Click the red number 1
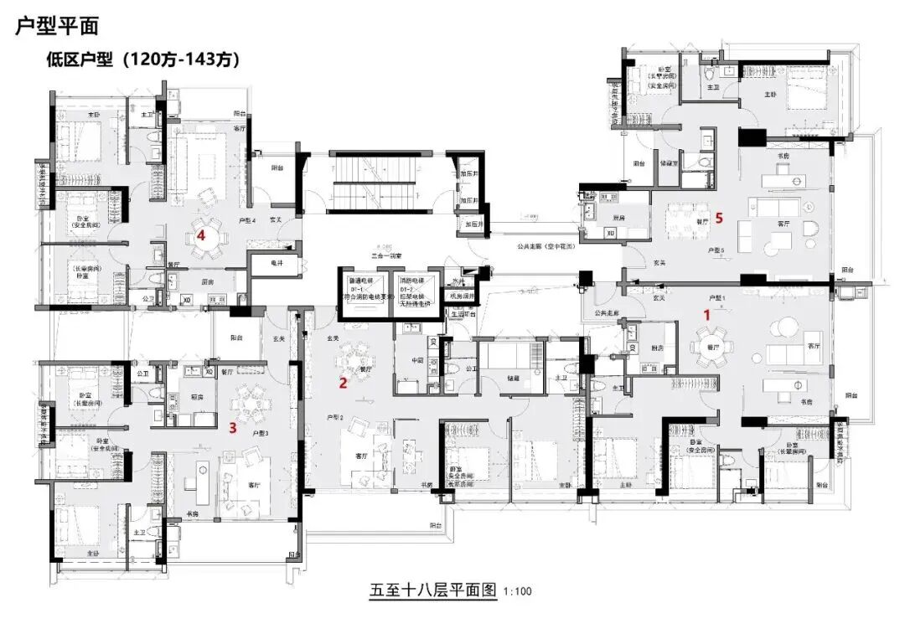[x=706, y=315]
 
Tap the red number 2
[x=342, y=384]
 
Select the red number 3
[x=233, y=428]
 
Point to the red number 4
[x=201, y=236]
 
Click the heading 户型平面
[x=57, y=26]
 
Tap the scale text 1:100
[x=518, y=591]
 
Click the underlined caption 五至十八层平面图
[x=433, y=590]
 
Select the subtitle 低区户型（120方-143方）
[x=144, y=59]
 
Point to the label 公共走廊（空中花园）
[x=544, y=249]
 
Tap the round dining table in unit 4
[x=206, y=238]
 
